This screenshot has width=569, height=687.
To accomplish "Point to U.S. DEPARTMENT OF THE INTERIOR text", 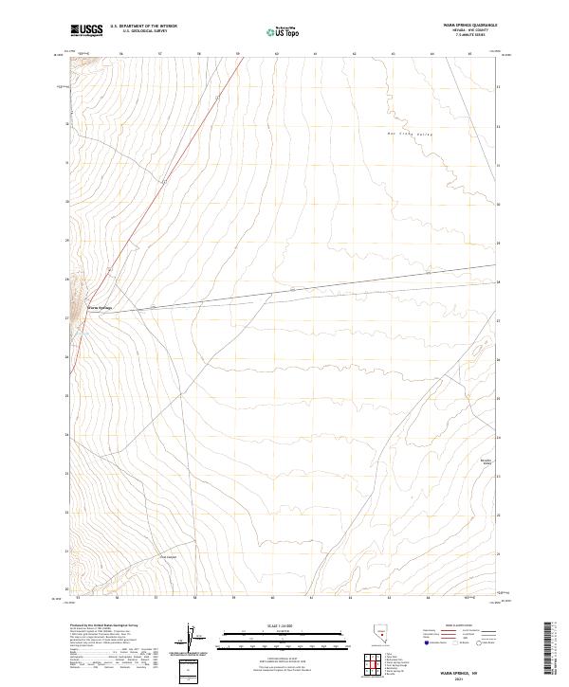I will (x=143, y=27).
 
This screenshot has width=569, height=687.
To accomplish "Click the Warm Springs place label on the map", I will (x=100, y=307).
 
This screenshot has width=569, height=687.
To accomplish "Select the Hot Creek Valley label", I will (x=411, y=135).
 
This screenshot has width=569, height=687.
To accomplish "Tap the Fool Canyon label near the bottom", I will (x=168, y=557).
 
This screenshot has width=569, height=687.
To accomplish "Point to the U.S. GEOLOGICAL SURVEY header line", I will (x=143, y=31).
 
